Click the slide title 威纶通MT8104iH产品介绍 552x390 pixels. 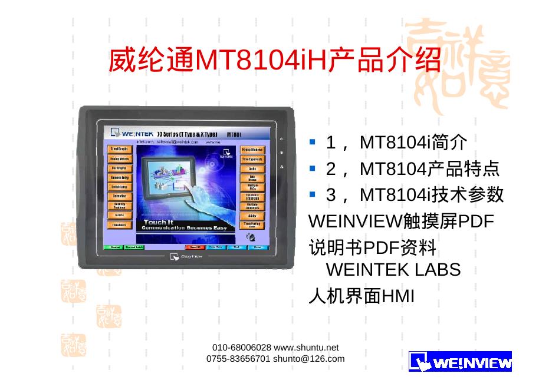(x=274, y=61)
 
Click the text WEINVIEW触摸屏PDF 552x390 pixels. (x=402, y=222)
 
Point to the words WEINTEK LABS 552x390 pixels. (x=393, y=270)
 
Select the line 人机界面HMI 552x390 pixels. (x=362, y=296)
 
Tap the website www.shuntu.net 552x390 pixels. (x=307, y=348)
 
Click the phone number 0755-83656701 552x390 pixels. (x=238, y=358)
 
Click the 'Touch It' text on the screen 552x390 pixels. (x=157, y=222)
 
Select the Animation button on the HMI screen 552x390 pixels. (x=119, y=196)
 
